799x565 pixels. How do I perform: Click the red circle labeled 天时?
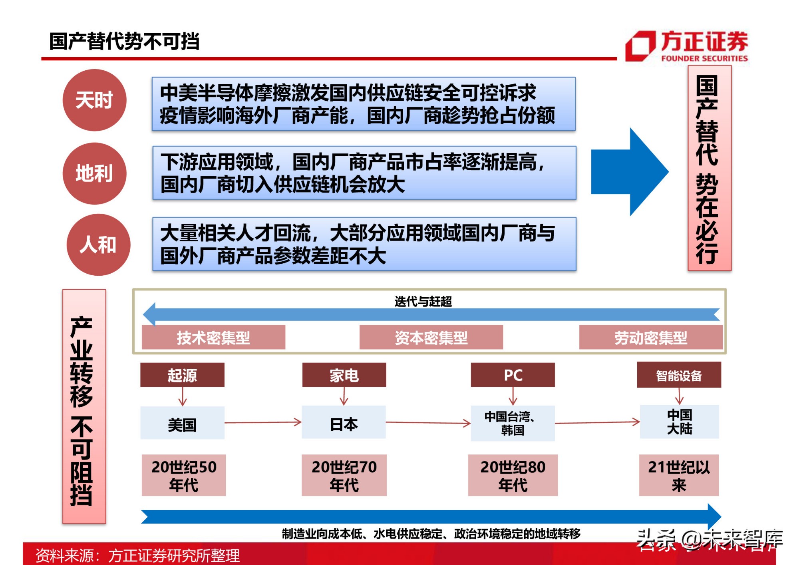tap(94, 100)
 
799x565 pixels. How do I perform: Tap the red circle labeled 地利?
tap(94, 173)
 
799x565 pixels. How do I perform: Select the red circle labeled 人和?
tap(98, 245)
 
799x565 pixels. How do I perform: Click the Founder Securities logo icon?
tap(640, 46)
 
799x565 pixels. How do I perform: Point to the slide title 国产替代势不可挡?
tap(124, 41)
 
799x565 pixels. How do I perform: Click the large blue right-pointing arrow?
tap(629, 172)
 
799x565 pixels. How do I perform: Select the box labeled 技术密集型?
tap(213, 338)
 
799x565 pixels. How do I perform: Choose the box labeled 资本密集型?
tap(431, 338)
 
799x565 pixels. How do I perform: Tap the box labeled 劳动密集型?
tap(650, 338)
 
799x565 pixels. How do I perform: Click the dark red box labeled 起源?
tap(182, 375)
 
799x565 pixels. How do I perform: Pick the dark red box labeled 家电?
tap(344, 375)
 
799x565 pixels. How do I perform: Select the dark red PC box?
tap(513, 375)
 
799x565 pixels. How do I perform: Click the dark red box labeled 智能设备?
tap(679, 375)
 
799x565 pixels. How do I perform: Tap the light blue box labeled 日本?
tap(344, 423)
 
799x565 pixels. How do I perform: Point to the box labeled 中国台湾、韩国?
tap(513, 423)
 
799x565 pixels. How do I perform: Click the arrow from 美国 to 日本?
tap(263, 422)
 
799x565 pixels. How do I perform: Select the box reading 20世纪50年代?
tap(183, 475)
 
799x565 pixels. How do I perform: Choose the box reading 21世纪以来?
tap(679, 475)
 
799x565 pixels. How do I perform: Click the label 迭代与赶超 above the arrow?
tap(423, 301)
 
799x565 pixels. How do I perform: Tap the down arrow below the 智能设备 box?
tap(679, 396)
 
